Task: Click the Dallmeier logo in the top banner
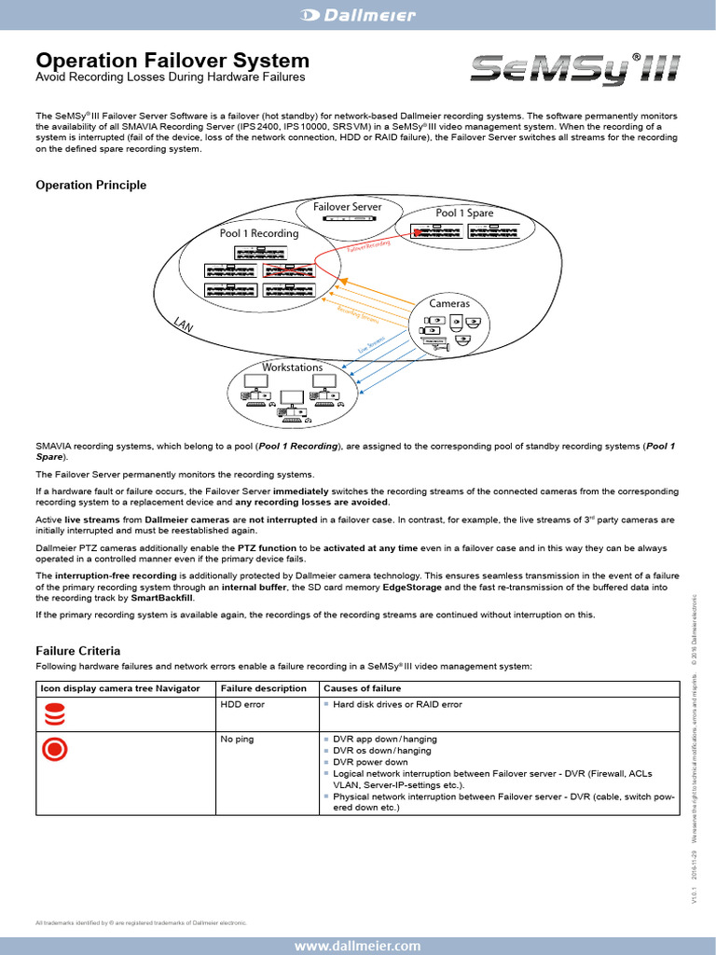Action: tap(357, 14)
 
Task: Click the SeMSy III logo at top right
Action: tap(575, 69)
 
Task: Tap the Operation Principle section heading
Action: tap(90, 185)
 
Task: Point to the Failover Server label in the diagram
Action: tap(347, 206)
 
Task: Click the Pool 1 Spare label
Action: tap(464, 213)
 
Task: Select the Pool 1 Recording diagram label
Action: tap(259, 233)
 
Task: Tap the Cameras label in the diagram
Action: tap(449, 303)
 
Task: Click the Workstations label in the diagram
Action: tap(292, 367)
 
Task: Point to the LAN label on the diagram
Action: tap(184, 325)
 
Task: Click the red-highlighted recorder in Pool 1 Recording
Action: tap(288, 270)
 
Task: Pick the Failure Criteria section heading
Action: tap(77, 650)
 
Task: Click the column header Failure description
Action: tap(263, 688)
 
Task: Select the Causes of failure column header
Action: tap(362, 688)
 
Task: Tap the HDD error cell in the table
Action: tap(242, 704)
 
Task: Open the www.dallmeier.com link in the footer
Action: tap(358, 946)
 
